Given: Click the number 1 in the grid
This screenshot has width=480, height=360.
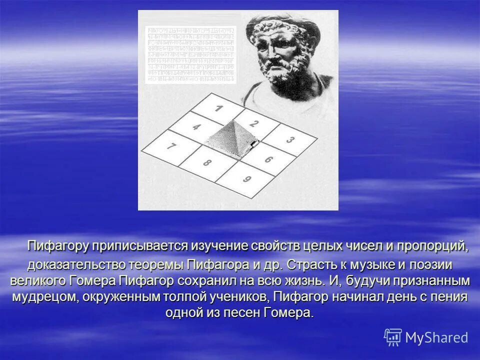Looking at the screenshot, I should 218,108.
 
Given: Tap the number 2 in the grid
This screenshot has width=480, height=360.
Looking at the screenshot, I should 254,124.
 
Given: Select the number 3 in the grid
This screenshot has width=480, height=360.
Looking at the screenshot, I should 290,140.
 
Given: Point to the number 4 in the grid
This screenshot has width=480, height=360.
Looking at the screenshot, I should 196,127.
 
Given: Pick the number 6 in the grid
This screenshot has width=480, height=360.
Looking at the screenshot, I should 268,159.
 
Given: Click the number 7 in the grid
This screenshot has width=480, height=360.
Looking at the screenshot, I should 171,147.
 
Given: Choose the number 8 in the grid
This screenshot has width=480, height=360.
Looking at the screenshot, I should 207,162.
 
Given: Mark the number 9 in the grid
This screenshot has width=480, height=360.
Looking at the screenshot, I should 246,179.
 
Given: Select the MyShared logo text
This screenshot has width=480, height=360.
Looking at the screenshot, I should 436,337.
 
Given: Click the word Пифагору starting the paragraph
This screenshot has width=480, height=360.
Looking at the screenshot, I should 58,246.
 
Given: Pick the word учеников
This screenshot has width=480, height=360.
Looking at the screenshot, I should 237,296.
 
